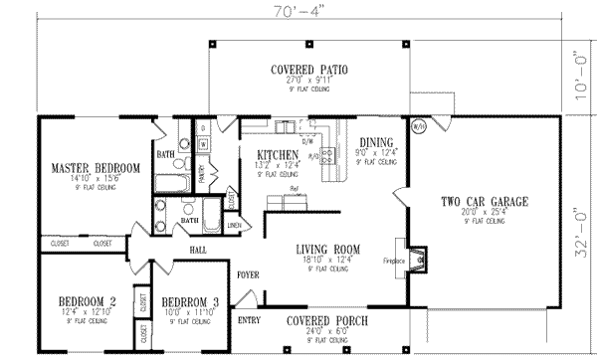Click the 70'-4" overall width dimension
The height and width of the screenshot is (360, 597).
(x=298, y=13)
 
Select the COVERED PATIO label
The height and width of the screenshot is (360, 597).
(x=307, y=70)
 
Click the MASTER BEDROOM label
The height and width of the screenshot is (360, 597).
(x=97, y=168)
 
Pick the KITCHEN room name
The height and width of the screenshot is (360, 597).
(x=278, y=154)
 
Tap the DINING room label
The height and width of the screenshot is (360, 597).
(x=376, y=142)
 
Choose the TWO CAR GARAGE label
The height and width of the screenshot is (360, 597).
(x=484, y=202)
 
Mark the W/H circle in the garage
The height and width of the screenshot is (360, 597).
(x=418, y=125)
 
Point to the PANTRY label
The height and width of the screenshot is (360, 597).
(x=202, y=175)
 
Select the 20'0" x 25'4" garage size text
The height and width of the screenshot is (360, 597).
(x=484, y=212)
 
